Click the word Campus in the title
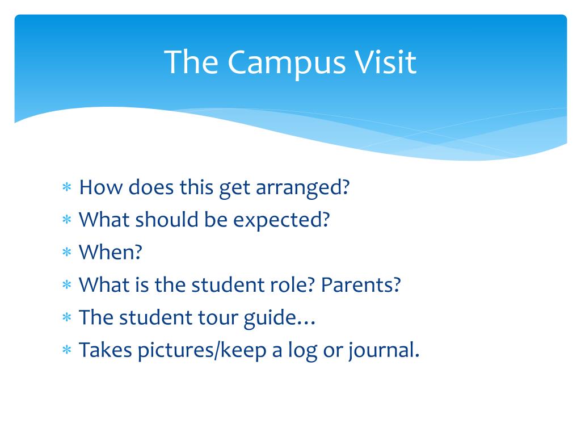(287, 63)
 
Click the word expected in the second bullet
(281, 221)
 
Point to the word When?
(111, 252)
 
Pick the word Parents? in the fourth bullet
(361, 285)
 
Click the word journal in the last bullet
(382, 351)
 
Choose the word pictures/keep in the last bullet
(201, 351)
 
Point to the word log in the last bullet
(303, 351)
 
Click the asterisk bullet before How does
(67, 187)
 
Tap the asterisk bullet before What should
(67, 220)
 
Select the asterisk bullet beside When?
(67, 252)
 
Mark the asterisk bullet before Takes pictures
(67, 350)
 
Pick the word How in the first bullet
(100, 187)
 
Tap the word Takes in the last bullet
(105, 350)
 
